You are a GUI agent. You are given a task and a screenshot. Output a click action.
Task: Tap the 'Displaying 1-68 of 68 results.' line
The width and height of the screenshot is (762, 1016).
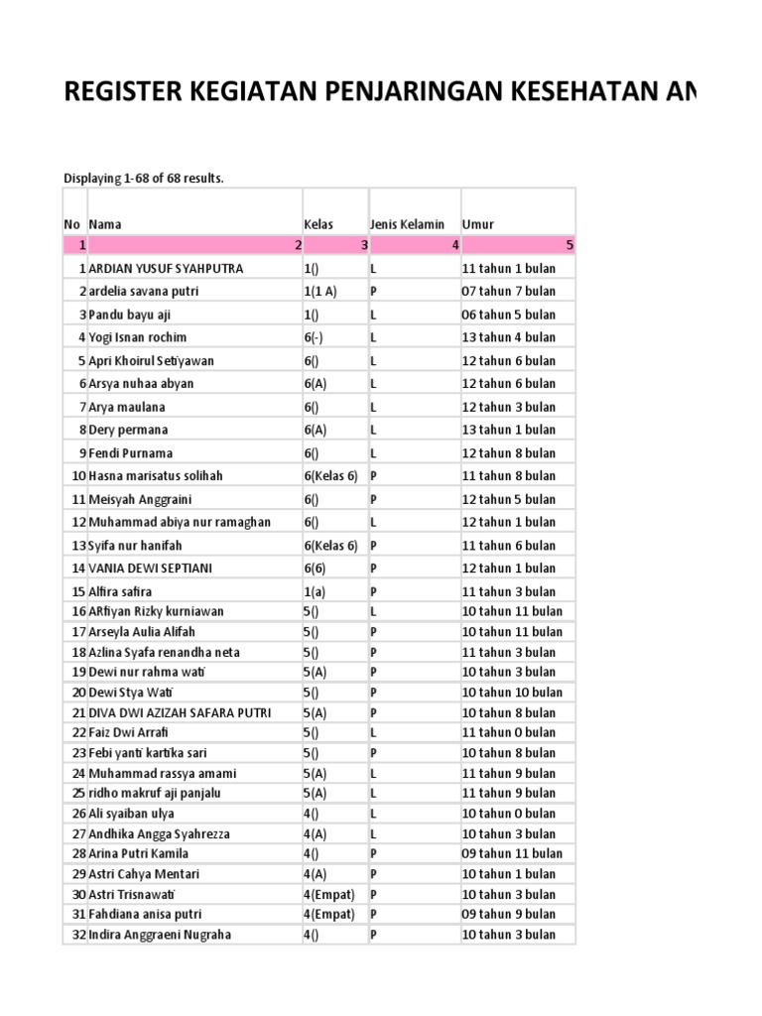click(144, 179)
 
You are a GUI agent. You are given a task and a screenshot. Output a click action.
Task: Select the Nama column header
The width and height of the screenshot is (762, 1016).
click(105, 224)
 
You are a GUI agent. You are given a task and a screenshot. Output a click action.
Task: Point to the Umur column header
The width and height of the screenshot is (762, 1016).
click(477, 224)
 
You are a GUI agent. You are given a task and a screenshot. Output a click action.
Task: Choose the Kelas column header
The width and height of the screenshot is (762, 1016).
click(317, 224)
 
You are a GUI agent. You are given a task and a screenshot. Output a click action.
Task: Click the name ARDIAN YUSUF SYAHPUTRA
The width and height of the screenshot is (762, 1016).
click(166, 269)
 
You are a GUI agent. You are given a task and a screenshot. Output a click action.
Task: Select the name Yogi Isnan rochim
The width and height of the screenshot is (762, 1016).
click(138, 337)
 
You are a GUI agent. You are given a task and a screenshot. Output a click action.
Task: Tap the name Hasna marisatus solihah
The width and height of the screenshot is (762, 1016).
click(156, 475)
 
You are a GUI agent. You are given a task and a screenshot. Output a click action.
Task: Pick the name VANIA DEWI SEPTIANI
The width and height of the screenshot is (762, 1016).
click(151, 568)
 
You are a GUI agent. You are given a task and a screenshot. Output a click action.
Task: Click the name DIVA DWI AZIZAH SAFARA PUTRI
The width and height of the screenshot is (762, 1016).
click(180, 712)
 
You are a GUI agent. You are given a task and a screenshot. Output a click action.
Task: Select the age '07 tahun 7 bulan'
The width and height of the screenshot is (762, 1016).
click(509, 292)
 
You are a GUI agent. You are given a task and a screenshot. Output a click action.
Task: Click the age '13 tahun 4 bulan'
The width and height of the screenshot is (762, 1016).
click(509, 337)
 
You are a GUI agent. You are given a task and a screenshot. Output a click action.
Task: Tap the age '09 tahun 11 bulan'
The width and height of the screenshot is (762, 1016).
click(512, 853)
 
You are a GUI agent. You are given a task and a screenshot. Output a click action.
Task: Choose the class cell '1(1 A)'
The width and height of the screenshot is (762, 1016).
click(320, 292)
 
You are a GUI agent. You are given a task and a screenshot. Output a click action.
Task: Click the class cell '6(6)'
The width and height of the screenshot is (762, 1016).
click(315, 568)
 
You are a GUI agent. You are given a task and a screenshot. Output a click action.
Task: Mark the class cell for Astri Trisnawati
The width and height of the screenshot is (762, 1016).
click(328, 894)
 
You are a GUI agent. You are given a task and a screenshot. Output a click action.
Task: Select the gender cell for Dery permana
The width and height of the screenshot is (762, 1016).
click(374, 430)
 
